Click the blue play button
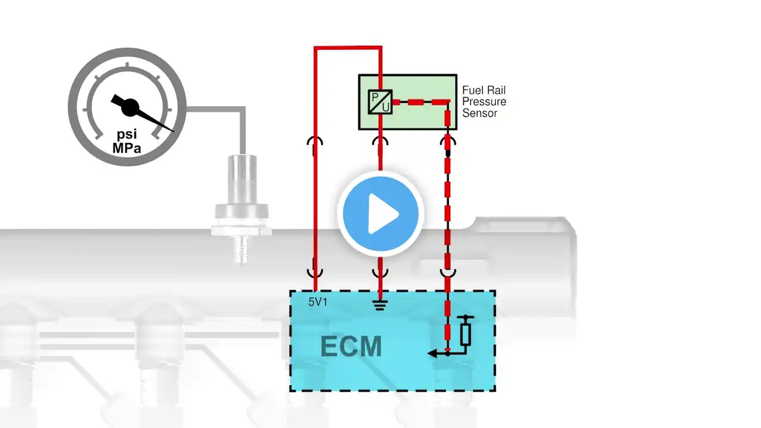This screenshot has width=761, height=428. coord(380,214)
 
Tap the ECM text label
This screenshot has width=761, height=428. coord(351,347)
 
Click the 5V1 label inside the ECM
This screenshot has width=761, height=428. coord(317,301)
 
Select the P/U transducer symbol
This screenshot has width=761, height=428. coord(380,102)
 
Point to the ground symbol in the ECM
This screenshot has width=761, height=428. coord(380,305)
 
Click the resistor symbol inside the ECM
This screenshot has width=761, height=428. coord(466,334)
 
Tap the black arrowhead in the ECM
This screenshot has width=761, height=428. coord(432,354)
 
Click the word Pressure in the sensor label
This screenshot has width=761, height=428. coord(484,102)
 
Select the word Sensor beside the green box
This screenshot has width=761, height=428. coord(480,113)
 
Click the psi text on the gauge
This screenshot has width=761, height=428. coord(127,134)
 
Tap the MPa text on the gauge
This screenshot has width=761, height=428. coord(127,148)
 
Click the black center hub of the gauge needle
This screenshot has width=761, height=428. coord(130,108)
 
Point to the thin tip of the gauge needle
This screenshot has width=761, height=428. coord(173,131)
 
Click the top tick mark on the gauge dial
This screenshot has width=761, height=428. coord(127,65)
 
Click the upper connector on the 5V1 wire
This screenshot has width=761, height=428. coord(315,141)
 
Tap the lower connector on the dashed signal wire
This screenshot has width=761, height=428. coord(448,273)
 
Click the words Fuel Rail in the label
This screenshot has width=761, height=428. coord(484,90)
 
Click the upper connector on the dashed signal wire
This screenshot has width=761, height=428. coord(448,141)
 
